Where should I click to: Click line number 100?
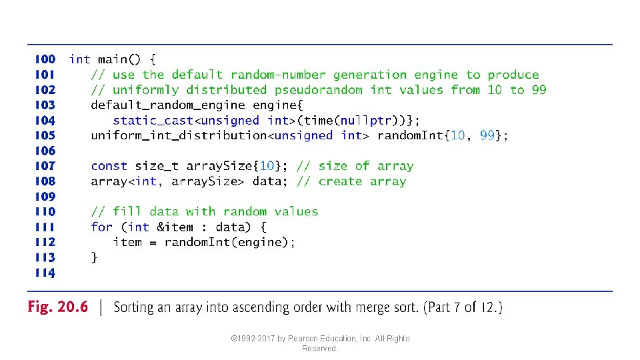pos(45,60)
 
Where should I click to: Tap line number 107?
pos(45,166)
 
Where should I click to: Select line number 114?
pos(45,273)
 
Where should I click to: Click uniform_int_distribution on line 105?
pos(179,135)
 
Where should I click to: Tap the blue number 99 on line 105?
pos(487,135)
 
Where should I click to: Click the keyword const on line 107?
pos(109,166)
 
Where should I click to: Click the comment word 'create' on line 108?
pos(340,181)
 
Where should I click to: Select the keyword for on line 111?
pos(101,227)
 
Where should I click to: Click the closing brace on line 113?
pos(94,257)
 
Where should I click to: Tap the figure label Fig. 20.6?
pos(57,308)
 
